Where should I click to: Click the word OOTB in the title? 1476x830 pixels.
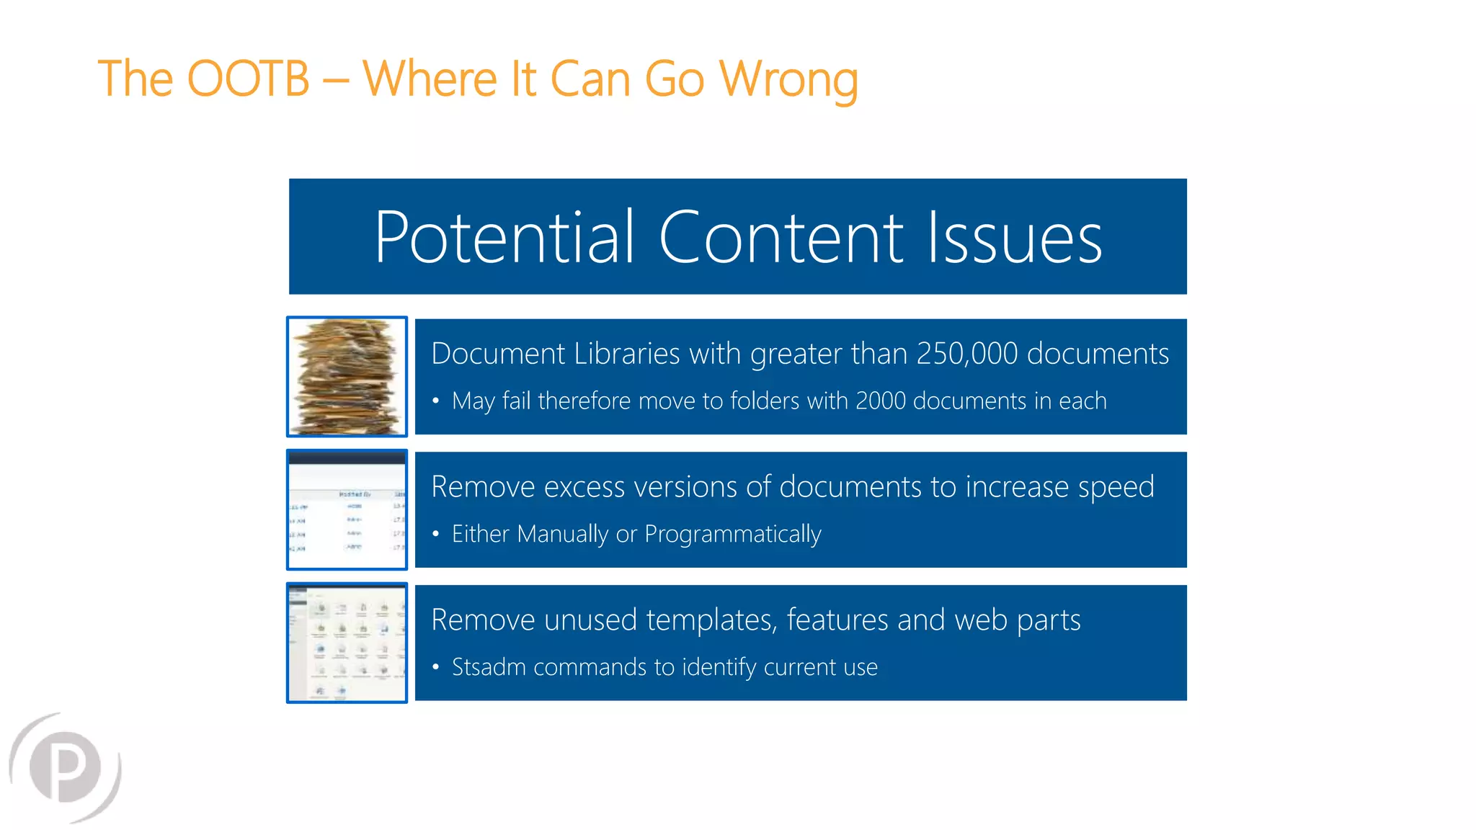pos(248,79)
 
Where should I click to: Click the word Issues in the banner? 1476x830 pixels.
pos(1014,237)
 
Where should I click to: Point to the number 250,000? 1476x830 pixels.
pos(967,354)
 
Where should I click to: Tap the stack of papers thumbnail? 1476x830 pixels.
pos(347,377)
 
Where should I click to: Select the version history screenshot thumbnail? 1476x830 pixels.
pos(347,510)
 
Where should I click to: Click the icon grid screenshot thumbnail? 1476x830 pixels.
pos(347,643)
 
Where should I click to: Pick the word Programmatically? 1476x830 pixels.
pos(732,535)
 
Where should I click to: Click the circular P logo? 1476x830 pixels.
pos(66,767)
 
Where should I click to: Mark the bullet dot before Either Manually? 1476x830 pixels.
pos(435,534)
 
